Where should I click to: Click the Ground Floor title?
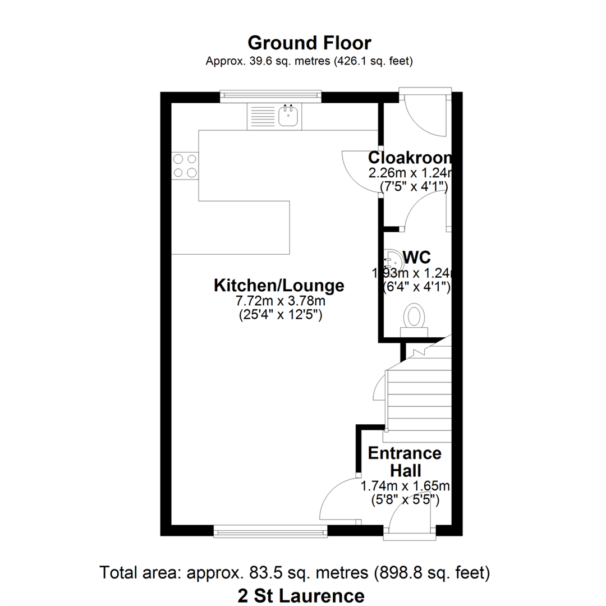pos(309,43)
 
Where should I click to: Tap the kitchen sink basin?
pos(288,116)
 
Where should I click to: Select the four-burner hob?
pos(185,166)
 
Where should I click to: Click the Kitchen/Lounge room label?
pos(279,286)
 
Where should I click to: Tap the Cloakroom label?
pos(410,157)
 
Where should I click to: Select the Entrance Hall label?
pos(405,462)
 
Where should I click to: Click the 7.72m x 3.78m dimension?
pos(281,300)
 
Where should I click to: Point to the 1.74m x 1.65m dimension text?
pos(405,486)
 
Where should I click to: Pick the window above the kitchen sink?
pos(270,97)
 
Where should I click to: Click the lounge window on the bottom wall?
pos(270,531)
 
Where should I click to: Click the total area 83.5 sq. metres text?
pos(295,572)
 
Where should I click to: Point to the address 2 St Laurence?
pos(301,596)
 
